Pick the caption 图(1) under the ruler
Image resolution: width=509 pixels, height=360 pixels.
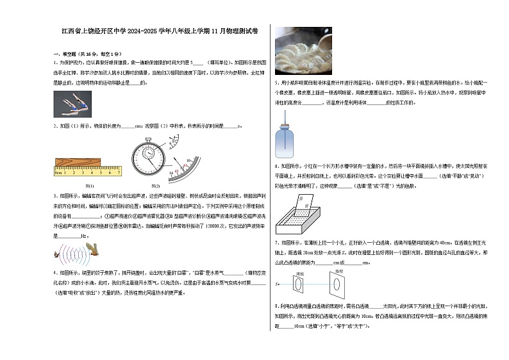point(90,186)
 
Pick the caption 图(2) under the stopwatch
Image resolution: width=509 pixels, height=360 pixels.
point(154,186)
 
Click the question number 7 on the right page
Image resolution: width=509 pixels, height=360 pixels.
point(276,243)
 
